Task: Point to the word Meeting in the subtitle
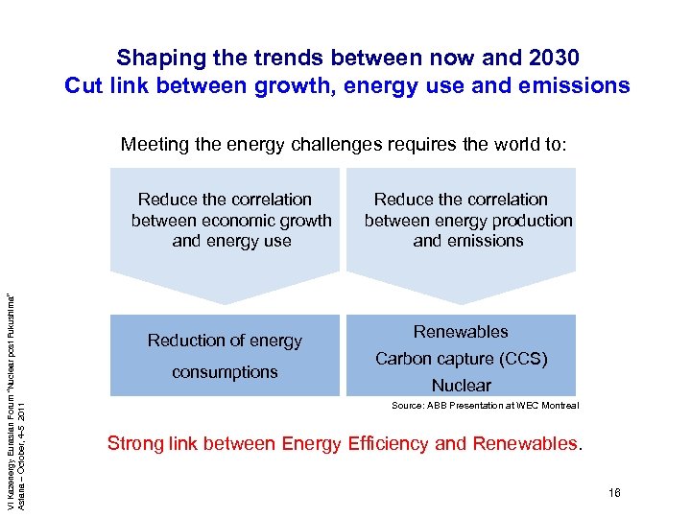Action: (x=154, y=145)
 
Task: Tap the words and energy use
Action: (x=231, y=241)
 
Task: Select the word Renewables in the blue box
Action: (x=461, y=332)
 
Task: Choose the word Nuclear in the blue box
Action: (x=461, y=386)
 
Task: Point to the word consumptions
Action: (x=225, y=371)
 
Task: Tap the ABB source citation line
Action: (x=485, y=406)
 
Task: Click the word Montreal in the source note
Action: (x=559, y=406)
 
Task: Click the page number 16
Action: (x=614, y=493)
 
